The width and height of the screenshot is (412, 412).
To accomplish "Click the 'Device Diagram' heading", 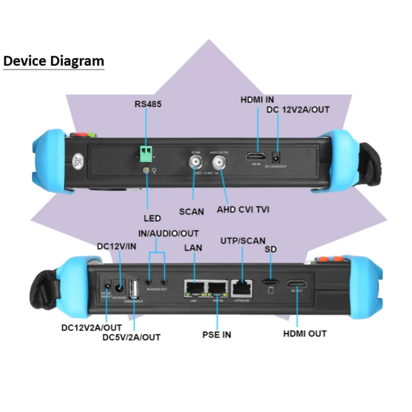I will click(54, 61).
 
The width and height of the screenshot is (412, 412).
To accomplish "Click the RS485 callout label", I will click(148, 104).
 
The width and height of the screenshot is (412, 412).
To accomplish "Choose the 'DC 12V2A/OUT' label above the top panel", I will click(298, 109).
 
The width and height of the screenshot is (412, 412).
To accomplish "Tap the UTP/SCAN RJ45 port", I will click(241, 287).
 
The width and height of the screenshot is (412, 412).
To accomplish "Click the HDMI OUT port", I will click(297, 284).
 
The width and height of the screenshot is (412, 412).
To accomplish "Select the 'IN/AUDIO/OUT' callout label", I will click(168, 233).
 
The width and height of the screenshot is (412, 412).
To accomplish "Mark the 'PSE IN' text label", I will click(217, 335).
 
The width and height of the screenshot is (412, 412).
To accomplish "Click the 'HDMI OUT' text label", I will click(305, 333).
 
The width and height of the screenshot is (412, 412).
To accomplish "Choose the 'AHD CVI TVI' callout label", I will click(243, 210).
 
